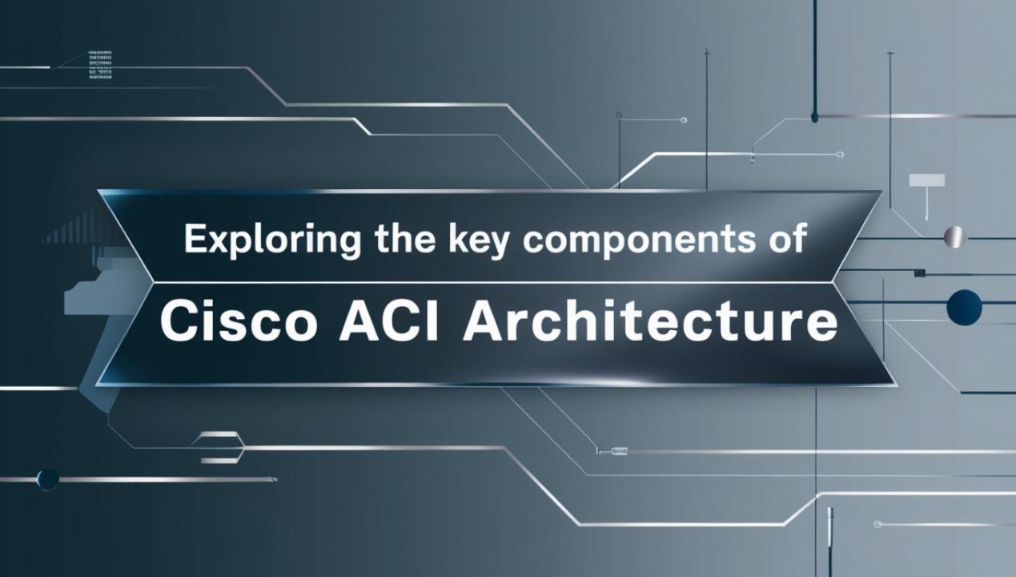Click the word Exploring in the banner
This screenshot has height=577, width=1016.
click(272, 240)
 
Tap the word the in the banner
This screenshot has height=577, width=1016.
click(405, 238)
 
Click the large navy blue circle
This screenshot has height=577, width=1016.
click(964, 308)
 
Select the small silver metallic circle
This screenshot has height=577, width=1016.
click(954, 236)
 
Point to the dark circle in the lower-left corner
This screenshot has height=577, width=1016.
click(47, 479)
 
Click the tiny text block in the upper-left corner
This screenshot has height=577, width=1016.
click(100, 66)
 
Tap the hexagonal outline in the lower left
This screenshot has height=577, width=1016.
click(219, 448)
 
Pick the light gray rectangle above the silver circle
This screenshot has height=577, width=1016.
click(927, 180)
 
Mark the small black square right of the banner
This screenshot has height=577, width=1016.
click(920, 272)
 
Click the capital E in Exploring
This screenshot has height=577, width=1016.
click(195, 239)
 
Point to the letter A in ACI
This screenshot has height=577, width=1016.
click(359, 321)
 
